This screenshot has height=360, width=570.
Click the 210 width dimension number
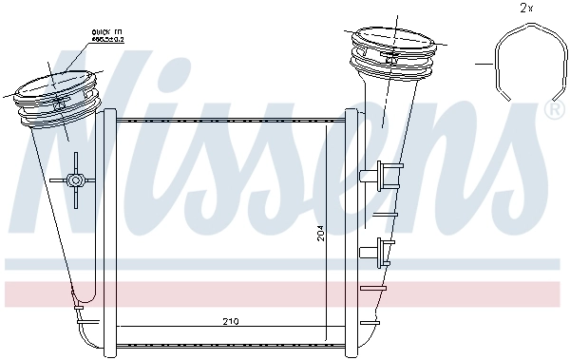point(230,322)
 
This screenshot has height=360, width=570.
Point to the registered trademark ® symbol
point(552,110)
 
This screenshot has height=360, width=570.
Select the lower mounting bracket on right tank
point(383,251)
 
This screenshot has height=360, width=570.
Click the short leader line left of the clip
point(484,65)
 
